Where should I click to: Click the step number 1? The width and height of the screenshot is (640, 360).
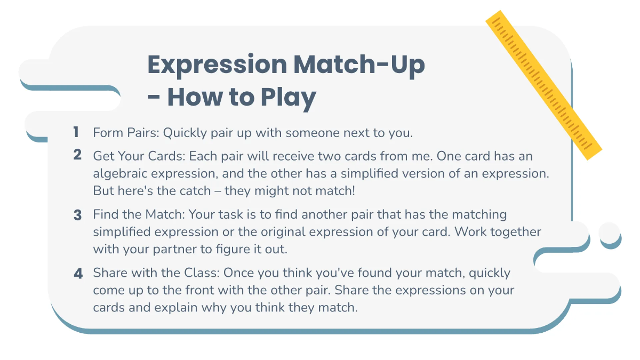[76, 132]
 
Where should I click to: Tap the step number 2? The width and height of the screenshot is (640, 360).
[78, 155]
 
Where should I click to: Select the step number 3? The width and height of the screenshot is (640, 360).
[78, 215]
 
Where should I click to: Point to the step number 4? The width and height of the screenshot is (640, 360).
[78, 274]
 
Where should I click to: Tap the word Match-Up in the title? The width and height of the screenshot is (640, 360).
[359, 65]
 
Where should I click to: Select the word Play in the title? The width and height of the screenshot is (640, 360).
[289, 98]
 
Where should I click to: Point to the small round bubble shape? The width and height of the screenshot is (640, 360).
[610, 233]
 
